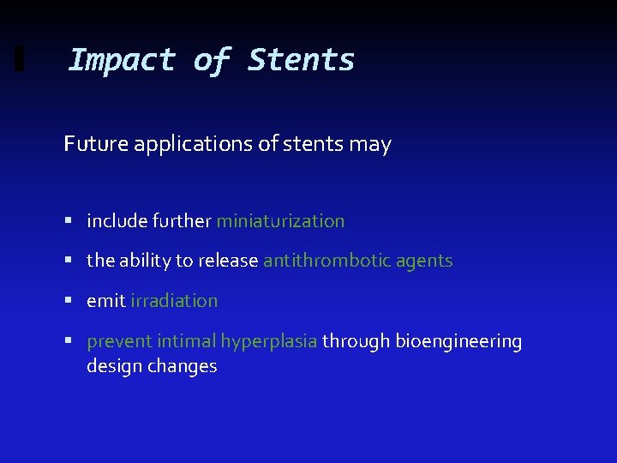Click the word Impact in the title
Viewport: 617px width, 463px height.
coord(121,60)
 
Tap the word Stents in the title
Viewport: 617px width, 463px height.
coord(301,60)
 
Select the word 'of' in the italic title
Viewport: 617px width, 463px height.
coord(211,60)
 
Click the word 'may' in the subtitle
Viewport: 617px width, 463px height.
coord(371,144)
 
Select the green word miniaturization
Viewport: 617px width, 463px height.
coord(280,221)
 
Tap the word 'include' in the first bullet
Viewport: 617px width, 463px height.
coord(117,221)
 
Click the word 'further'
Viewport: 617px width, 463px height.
coord(182,221)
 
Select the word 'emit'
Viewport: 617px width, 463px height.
coord(105,301)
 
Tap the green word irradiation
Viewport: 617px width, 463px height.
coord(174,301)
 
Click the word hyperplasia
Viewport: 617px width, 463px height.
coord(269,341)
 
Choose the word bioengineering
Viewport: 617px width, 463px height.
coord(458,341)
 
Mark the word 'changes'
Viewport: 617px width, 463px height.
coord(182,366)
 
